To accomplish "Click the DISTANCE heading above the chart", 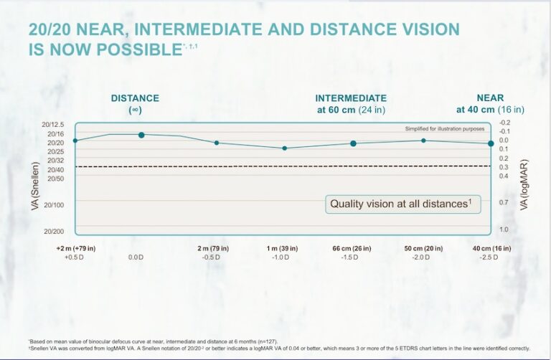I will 135,98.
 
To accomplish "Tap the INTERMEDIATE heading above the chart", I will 351,98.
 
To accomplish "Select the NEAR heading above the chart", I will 490,98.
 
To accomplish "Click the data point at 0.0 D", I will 141,135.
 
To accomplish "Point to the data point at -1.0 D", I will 285,148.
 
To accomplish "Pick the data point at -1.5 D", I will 353,143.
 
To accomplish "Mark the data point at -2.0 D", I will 423,141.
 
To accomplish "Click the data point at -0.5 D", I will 217,143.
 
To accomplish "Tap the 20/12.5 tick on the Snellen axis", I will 53,125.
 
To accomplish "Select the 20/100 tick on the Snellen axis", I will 55,205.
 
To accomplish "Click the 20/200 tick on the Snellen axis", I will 55,232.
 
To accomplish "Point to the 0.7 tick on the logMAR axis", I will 504,203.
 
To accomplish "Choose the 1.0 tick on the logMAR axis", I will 504,229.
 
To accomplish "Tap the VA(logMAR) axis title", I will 524,183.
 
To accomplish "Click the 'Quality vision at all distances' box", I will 400,204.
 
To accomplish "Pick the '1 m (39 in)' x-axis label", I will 284,248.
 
